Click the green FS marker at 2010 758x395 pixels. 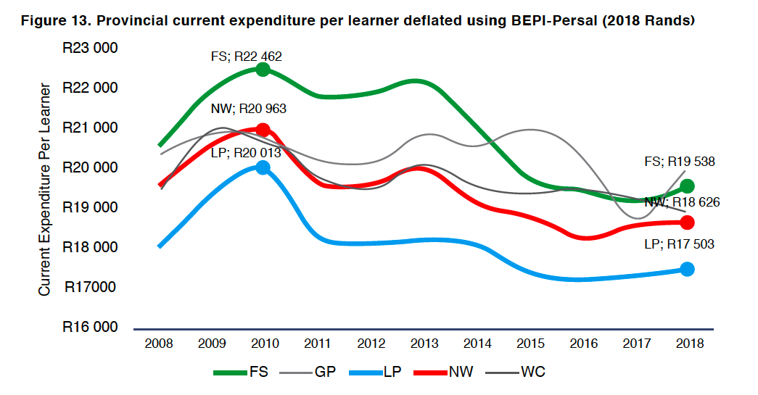tap(263, 70)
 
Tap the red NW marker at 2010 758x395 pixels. tap(263, 130)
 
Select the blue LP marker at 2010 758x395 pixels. tap(263, 167)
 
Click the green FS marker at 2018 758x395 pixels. tap(688, 186)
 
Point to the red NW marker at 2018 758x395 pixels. tap(688, 223)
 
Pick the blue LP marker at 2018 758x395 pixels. tap(688, 269)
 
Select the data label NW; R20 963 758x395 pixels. tap(248, 109)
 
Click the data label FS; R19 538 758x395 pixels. tap(679, 162)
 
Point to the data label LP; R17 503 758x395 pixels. tap(679, 245)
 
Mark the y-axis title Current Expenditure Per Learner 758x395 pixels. tap(45, 189)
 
